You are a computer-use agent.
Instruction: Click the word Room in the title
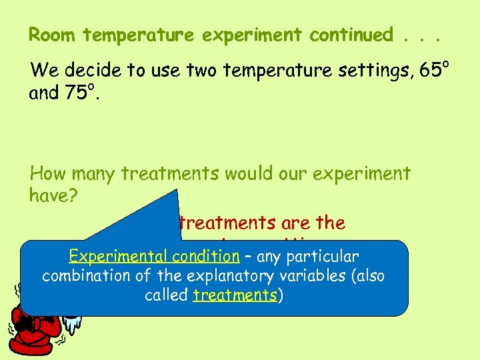pos(50,35)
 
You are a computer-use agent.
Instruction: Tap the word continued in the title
pos(351,35)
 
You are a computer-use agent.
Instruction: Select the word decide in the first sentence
pos(89,69)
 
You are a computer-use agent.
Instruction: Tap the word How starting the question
pos(49,174)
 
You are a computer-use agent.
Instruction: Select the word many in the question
pos(93,174)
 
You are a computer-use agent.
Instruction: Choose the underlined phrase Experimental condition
pos(164,256)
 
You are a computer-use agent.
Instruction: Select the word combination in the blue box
pos(84,275)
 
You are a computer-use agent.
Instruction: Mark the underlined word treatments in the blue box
pos(235,295)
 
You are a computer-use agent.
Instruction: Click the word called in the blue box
pos(166,295)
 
